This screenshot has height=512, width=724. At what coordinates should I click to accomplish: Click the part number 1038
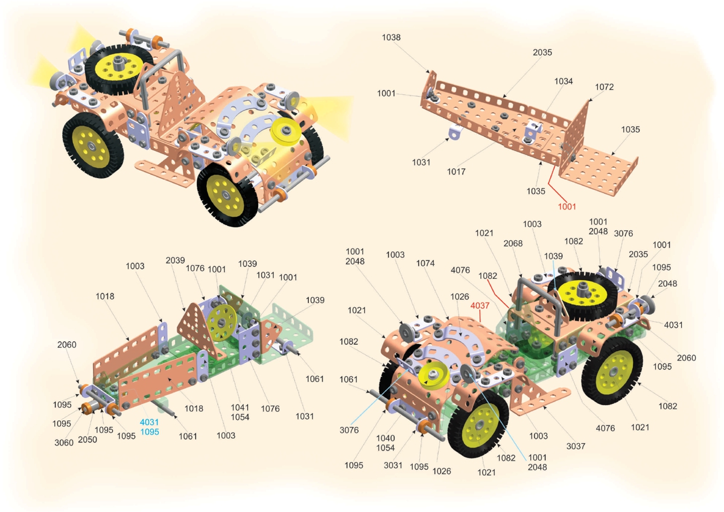click(391, 37)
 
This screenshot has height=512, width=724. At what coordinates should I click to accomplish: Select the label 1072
click(604, 87)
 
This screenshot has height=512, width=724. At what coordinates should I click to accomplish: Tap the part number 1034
click(564, 81)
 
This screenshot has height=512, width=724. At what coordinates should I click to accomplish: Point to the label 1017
click(456, 171)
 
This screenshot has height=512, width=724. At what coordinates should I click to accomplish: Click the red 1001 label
click(567, 206)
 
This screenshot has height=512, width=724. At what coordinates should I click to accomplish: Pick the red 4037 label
click(480, 306)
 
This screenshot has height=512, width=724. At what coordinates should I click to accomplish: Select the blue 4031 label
click(150, 422)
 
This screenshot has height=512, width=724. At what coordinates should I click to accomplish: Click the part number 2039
click(175, 260)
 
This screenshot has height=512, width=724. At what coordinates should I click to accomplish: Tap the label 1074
click(425, 263)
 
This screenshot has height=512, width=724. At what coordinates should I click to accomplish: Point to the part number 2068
click(513, 243)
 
